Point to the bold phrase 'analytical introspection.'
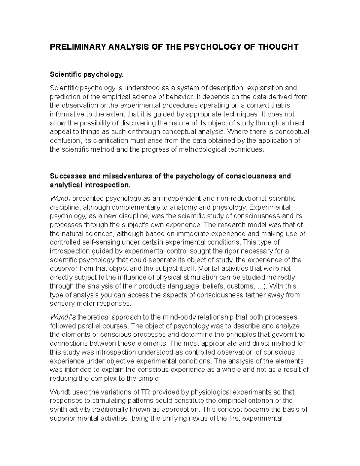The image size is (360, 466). pyautogui.click(x=90, y=185)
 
